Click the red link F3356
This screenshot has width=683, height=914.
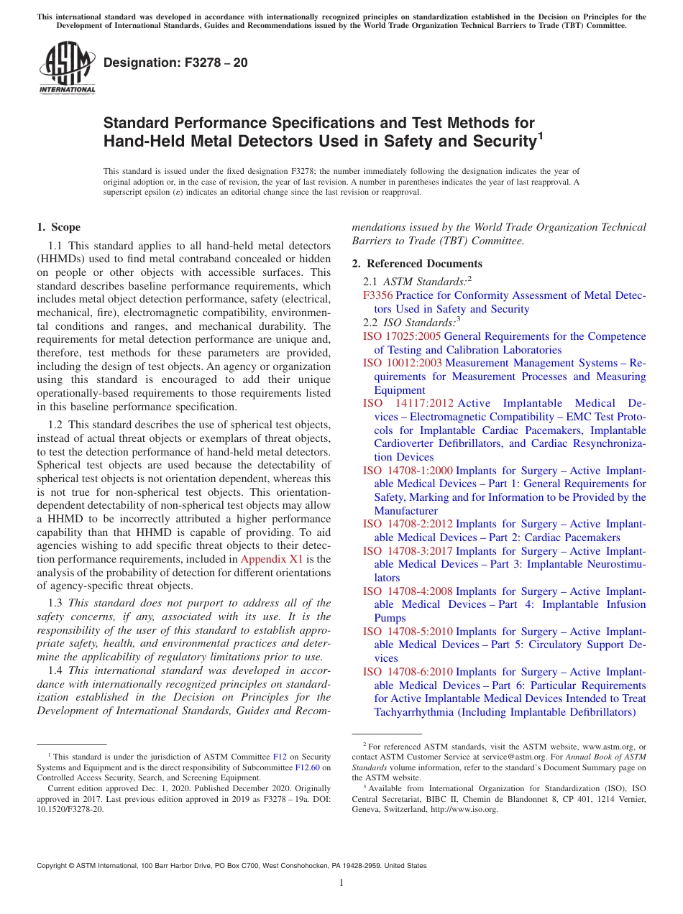tap(377, 295)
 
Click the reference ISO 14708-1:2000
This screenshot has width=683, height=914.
tap(408, 471)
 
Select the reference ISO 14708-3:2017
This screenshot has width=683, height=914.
tap(408, 551)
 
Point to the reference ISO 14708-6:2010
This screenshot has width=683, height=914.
tap(408, 672)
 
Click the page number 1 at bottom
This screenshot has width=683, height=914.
tap(341, 883)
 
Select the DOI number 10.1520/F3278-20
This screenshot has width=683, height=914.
tap(70, 808)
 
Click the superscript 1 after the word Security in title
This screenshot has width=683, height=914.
tap(541, 134)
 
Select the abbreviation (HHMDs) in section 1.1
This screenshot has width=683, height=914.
tap(63, 259)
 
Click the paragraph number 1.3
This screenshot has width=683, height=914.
tap(56, 603)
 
